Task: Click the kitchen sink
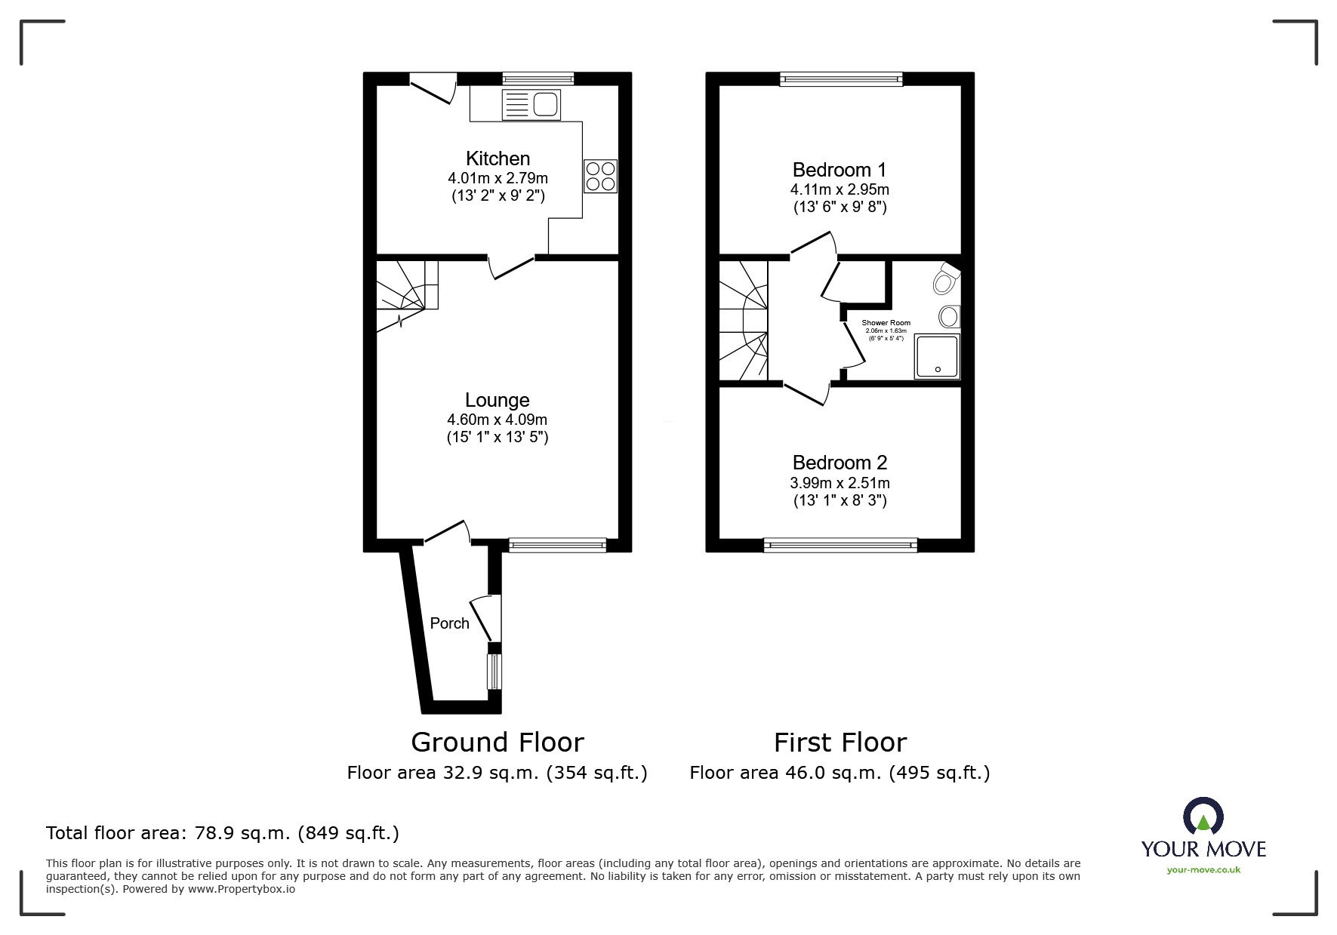[x=531, y=104]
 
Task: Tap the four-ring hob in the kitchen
[x=600, y=176]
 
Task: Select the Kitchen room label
[x=498, y=158]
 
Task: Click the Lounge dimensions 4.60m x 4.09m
[x=498, y=420]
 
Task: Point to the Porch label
[x=449, y=623]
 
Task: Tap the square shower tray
[x=938, y=356]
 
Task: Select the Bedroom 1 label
[x=839, y=170]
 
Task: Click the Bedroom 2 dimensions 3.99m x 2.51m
[x=840, y=483]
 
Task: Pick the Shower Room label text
[x=886, y=322]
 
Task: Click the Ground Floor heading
[x=498, y=743]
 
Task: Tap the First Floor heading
[x=840, y=743]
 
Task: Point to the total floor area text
[x=223, y=833]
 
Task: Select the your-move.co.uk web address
[x=1203, y=870]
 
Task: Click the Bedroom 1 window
[x=841, y=78]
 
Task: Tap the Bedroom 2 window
[x=840, y=545]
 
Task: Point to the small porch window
[x=494, y=672]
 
